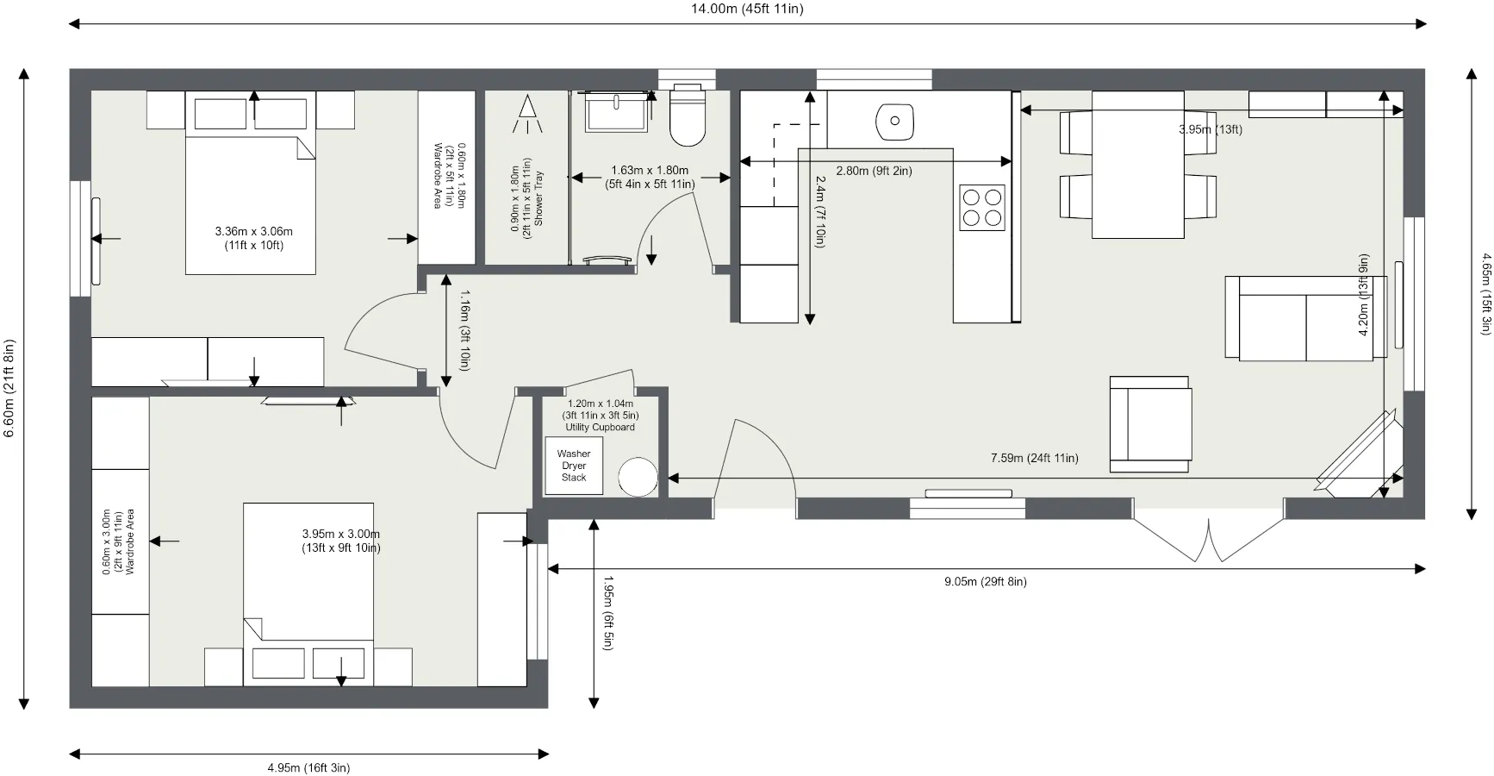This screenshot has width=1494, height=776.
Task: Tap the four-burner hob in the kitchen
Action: click(x=982, y=208)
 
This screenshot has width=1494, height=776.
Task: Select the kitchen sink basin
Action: click(x=895, y=122)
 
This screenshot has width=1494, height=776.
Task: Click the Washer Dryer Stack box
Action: click(x=574, y=466)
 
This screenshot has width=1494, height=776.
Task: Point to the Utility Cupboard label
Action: click(x=601, y=428)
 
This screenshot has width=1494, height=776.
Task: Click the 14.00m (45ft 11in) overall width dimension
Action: click(x=747, y=9)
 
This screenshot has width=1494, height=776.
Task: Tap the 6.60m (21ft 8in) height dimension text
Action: click(x=9, y=388)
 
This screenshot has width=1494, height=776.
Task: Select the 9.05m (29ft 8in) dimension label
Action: click(x=986, y=582)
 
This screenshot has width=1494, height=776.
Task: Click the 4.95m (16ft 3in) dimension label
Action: click(x=308, y=768)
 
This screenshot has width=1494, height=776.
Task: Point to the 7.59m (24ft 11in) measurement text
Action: click(x=1035, y=459)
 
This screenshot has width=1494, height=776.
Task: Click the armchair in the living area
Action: click(x=1151, y=424)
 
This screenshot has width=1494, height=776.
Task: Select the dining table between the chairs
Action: click(x=1138, y=165)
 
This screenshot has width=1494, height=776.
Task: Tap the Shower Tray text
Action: click(x=539, y=198)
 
